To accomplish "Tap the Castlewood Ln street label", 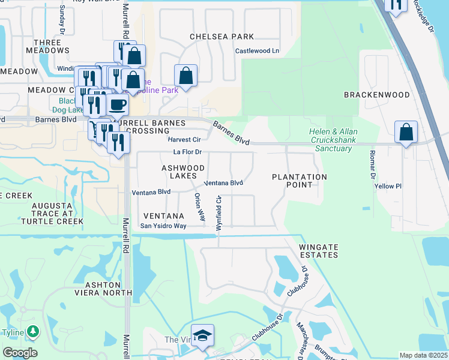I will pos(257,51).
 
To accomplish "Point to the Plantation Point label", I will pos(300,181).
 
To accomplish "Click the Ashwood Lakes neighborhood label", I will pos(183,172).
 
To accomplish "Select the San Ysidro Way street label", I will pos(163,226).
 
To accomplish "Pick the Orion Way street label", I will pos(199,208).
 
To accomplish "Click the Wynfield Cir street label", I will pos(219,212).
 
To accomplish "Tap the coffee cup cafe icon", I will pos(118,105).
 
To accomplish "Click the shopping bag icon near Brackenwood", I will pos(406,132).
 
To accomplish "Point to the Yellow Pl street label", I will pos(388,187).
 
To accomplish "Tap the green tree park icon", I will pos(33,331).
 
